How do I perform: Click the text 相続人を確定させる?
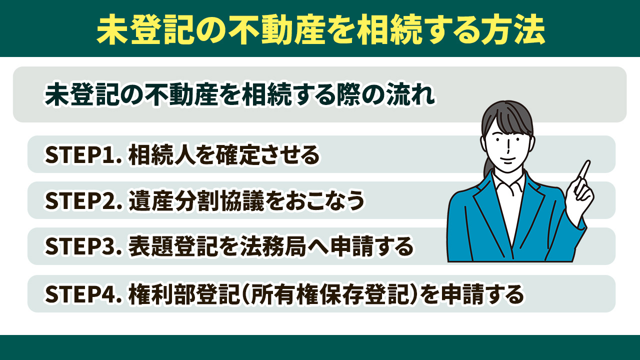(x=223, y=155)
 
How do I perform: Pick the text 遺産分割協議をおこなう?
(x=246, y=201)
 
